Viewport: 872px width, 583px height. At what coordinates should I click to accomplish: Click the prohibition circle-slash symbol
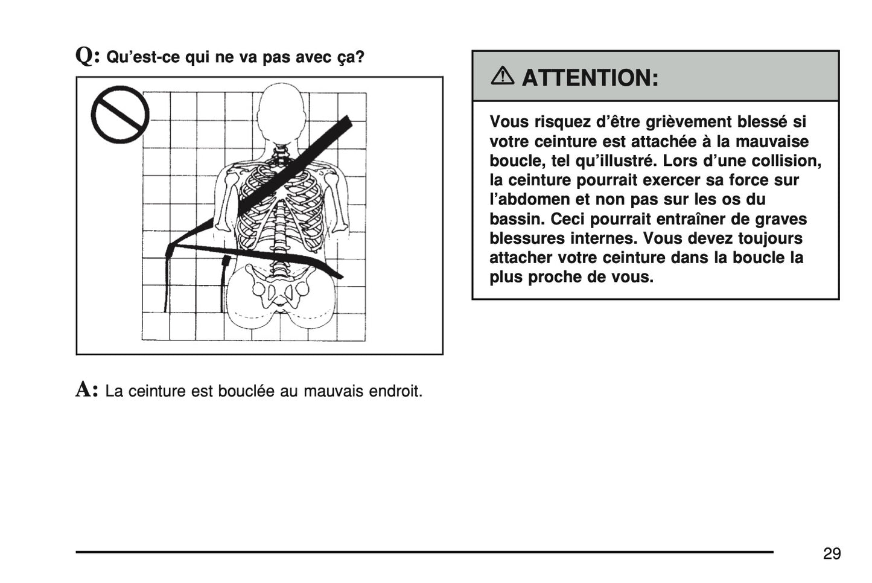click(120, 115)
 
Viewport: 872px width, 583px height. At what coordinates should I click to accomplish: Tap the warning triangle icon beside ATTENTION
click(502, 77)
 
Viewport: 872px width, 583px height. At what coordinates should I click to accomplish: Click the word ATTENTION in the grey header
click(590, 78)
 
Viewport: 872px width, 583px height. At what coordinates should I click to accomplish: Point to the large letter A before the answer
click(86, 390)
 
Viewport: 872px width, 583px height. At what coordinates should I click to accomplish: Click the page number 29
click(831, 553)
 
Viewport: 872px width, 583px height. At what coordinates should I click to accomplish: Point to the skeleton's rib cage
click(281, 205)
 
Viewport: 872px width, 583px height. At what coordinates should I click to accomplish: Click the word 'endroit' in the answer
click(395, 391)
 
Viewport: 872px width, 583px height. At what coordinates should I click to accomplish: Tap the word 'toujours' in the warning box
click(770, 238)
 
